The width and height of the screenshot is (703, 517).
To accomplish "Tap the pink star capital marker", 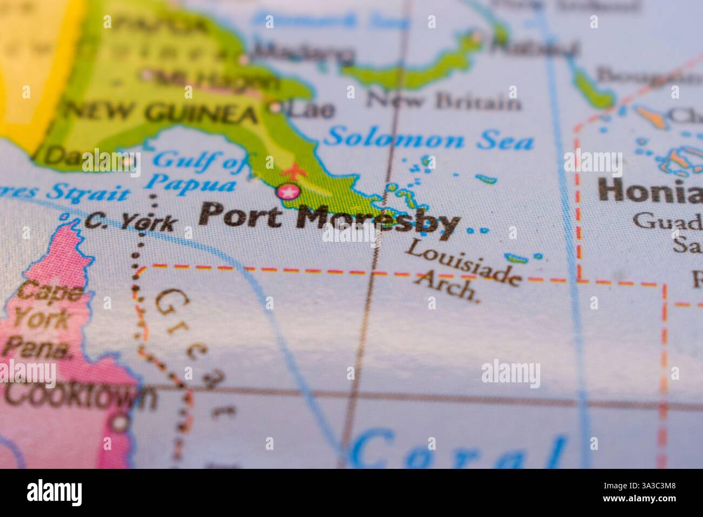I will [288, 191].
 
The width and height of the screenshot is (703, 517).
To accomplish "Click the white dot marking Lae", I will [277, 108].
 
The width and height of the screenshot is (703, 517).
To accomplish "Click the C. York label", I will [131, 222].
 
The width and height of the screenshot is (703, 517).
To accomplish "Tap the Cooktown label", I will [78, 396].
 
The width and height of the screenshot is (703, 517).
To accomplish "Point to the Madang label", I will [303, 52].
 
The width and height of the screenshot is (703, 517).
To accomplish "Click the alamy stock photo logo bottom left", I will [55, 493].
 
